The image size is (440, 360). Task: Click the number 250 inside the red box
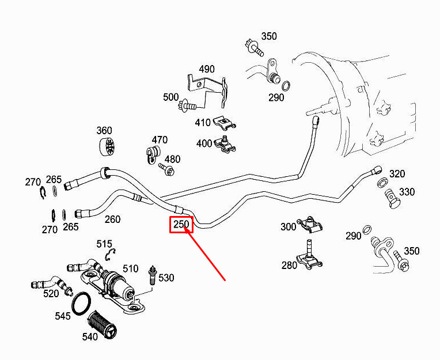pyautogui.click(x=181, y=225)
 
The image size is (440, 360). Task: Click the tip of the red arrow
pyautogui.click(x=184, y=227)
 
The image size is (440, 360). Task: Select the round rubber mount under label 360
pyautogui.click(x=107, y=147)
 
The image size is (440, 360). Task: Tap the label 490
pyautogui.click(x=207, y=69)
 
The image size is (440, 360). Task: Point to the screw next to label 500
pyautogui.click(x=187, y=106)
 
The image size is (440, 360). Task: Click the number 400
pyautogui.click(x=204, y=143)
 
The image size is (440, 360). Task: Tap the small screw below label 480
pyautogui.click(x=166, y=169)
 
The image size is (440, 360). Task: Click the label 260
pyautogui.click(x=112, y=219)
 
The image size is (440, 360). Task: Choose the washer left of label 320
pyautogui.click(x=382, y=183)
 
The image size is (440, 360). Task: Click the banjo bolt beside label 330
pyautogui.click(x=392, y=199)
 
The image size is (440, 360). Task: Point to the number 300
pyautogui.click(x=289, y=227)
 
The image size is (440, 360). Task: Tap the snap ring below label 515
pyautogui.click(x=110, y=255)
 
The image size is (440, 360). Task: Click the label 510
pyautogui.click(x=131, y=268)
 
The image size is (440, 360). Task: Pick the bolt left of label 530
pyautogui.click(x=153, y=275)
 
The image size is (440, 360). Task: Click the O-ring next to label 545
pyautogui.click(x=82, y=304)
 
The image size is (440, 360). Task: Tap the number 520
pyautogui.click(x=51, y=294)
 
